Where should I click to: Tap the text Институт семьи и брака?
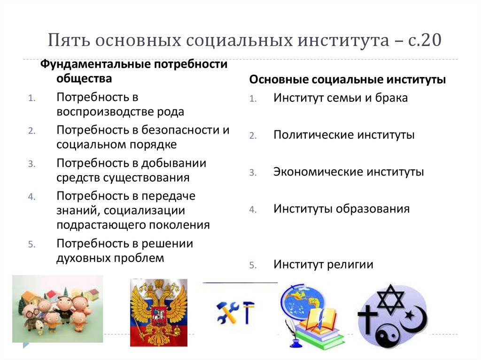click(341, 98)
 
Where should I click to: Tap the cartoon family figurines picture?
click(57, 308)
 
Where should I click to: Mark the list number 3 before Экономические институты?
click(252, 173)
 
